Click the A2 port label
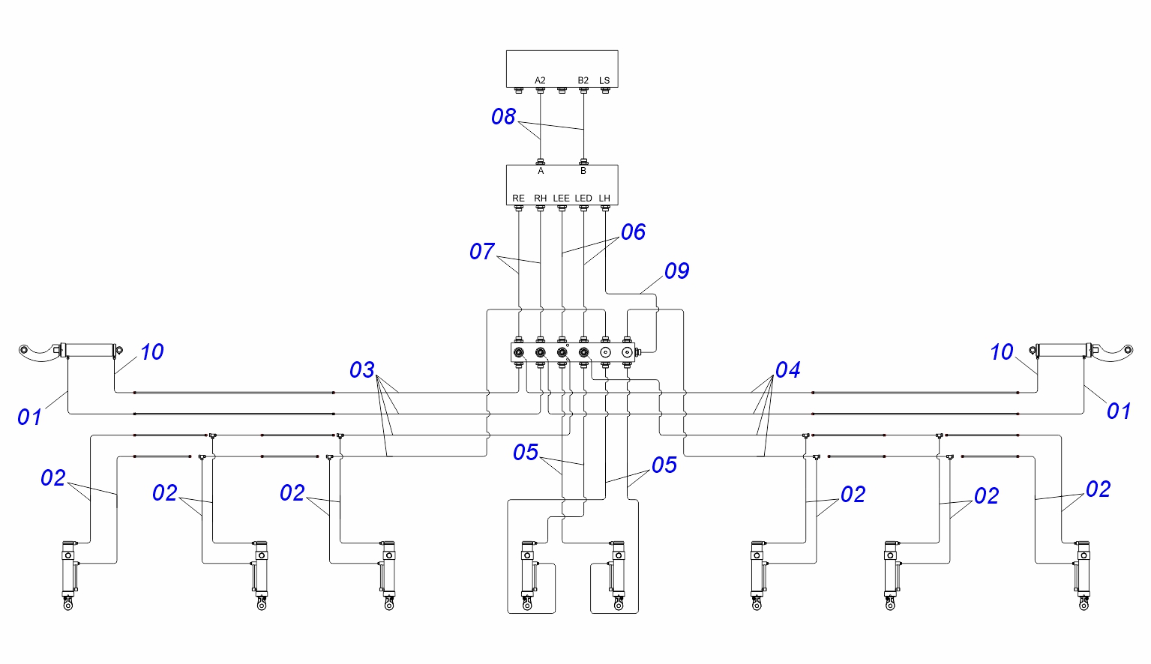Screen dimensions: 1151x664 [540, 81]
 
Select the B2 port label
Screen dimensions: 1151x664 [583, 81]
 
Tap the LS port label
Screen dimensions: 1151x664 [604, 81]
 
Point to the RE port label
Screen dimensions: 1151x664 [518, 198]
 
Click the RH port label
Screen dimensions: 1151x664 [540, 198]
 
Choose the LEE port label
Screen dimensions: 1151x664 [561, 198]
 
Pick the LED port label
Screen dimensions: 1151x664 [583, 198]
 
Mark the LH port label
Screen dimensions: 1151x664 [604, 198]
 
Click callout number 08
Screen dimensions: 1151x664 [503, 117]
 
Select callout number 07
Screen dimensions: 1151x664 [481, 252]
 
